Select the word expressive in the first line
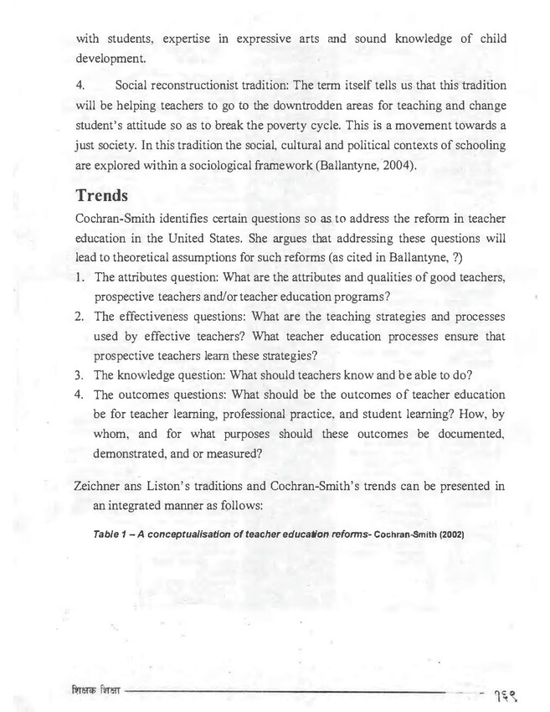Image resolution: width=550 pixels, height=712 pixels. click(x=257, y=39)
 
